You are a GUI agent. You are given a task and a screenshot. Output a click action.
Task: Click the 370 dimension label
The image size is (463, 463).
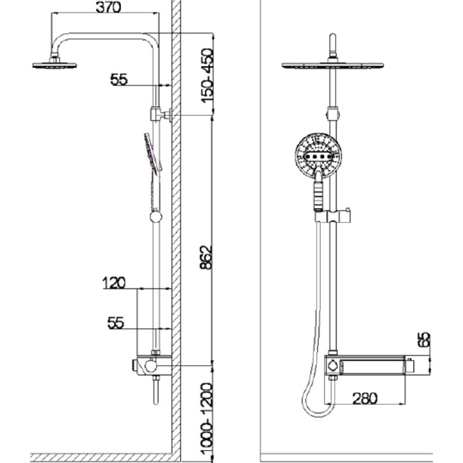[x=108, y=7]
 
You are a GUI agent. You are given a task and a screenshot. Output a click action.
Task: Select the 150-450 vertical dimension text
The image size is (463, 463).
[x=207, y=76]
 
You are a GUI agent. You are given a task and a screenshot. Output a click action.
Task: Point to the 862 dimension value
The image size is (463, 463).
[x=206, y=257]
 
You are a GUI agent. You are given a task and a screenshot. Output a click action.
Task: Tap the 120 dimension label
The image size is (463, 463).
[x=114, y=283]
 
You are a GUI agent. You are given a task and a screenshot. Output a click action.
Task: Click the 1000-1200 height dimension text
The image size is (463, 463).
[x=207, y=422]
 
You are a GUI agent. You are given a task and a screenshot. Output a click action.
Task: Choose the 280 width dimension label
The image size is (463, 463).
[x=365, y=398]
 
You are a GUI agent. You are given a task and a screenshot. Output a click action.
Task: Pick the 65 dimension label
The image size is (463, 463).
[x=424, y=340]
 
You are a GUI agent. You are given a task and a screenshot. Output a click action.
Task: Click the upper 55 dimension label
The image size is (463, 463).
[x=119, y=79]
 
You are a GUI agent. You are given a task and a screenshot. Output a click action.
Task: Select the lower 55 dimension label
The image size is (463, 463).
[x=116, y=323]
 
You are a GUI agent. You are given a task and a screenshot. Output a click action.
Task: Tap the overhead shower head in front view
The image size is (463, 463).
[x=333, y=65]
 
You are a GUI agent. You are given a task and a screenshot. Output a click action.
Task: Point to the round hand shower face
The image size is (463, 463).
[x=318, y=156]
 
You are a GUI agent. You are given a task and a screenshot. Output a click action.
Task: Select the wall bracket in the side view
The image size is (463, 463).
[x=161, y=114]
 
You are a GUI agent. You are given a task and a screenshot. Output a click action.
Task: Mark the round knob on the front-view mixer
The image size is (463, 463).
[x=332, y=366]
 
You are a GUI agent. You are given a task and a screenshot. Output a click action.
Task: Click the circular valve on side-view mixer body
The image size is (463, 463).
[x=150, y=366]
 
